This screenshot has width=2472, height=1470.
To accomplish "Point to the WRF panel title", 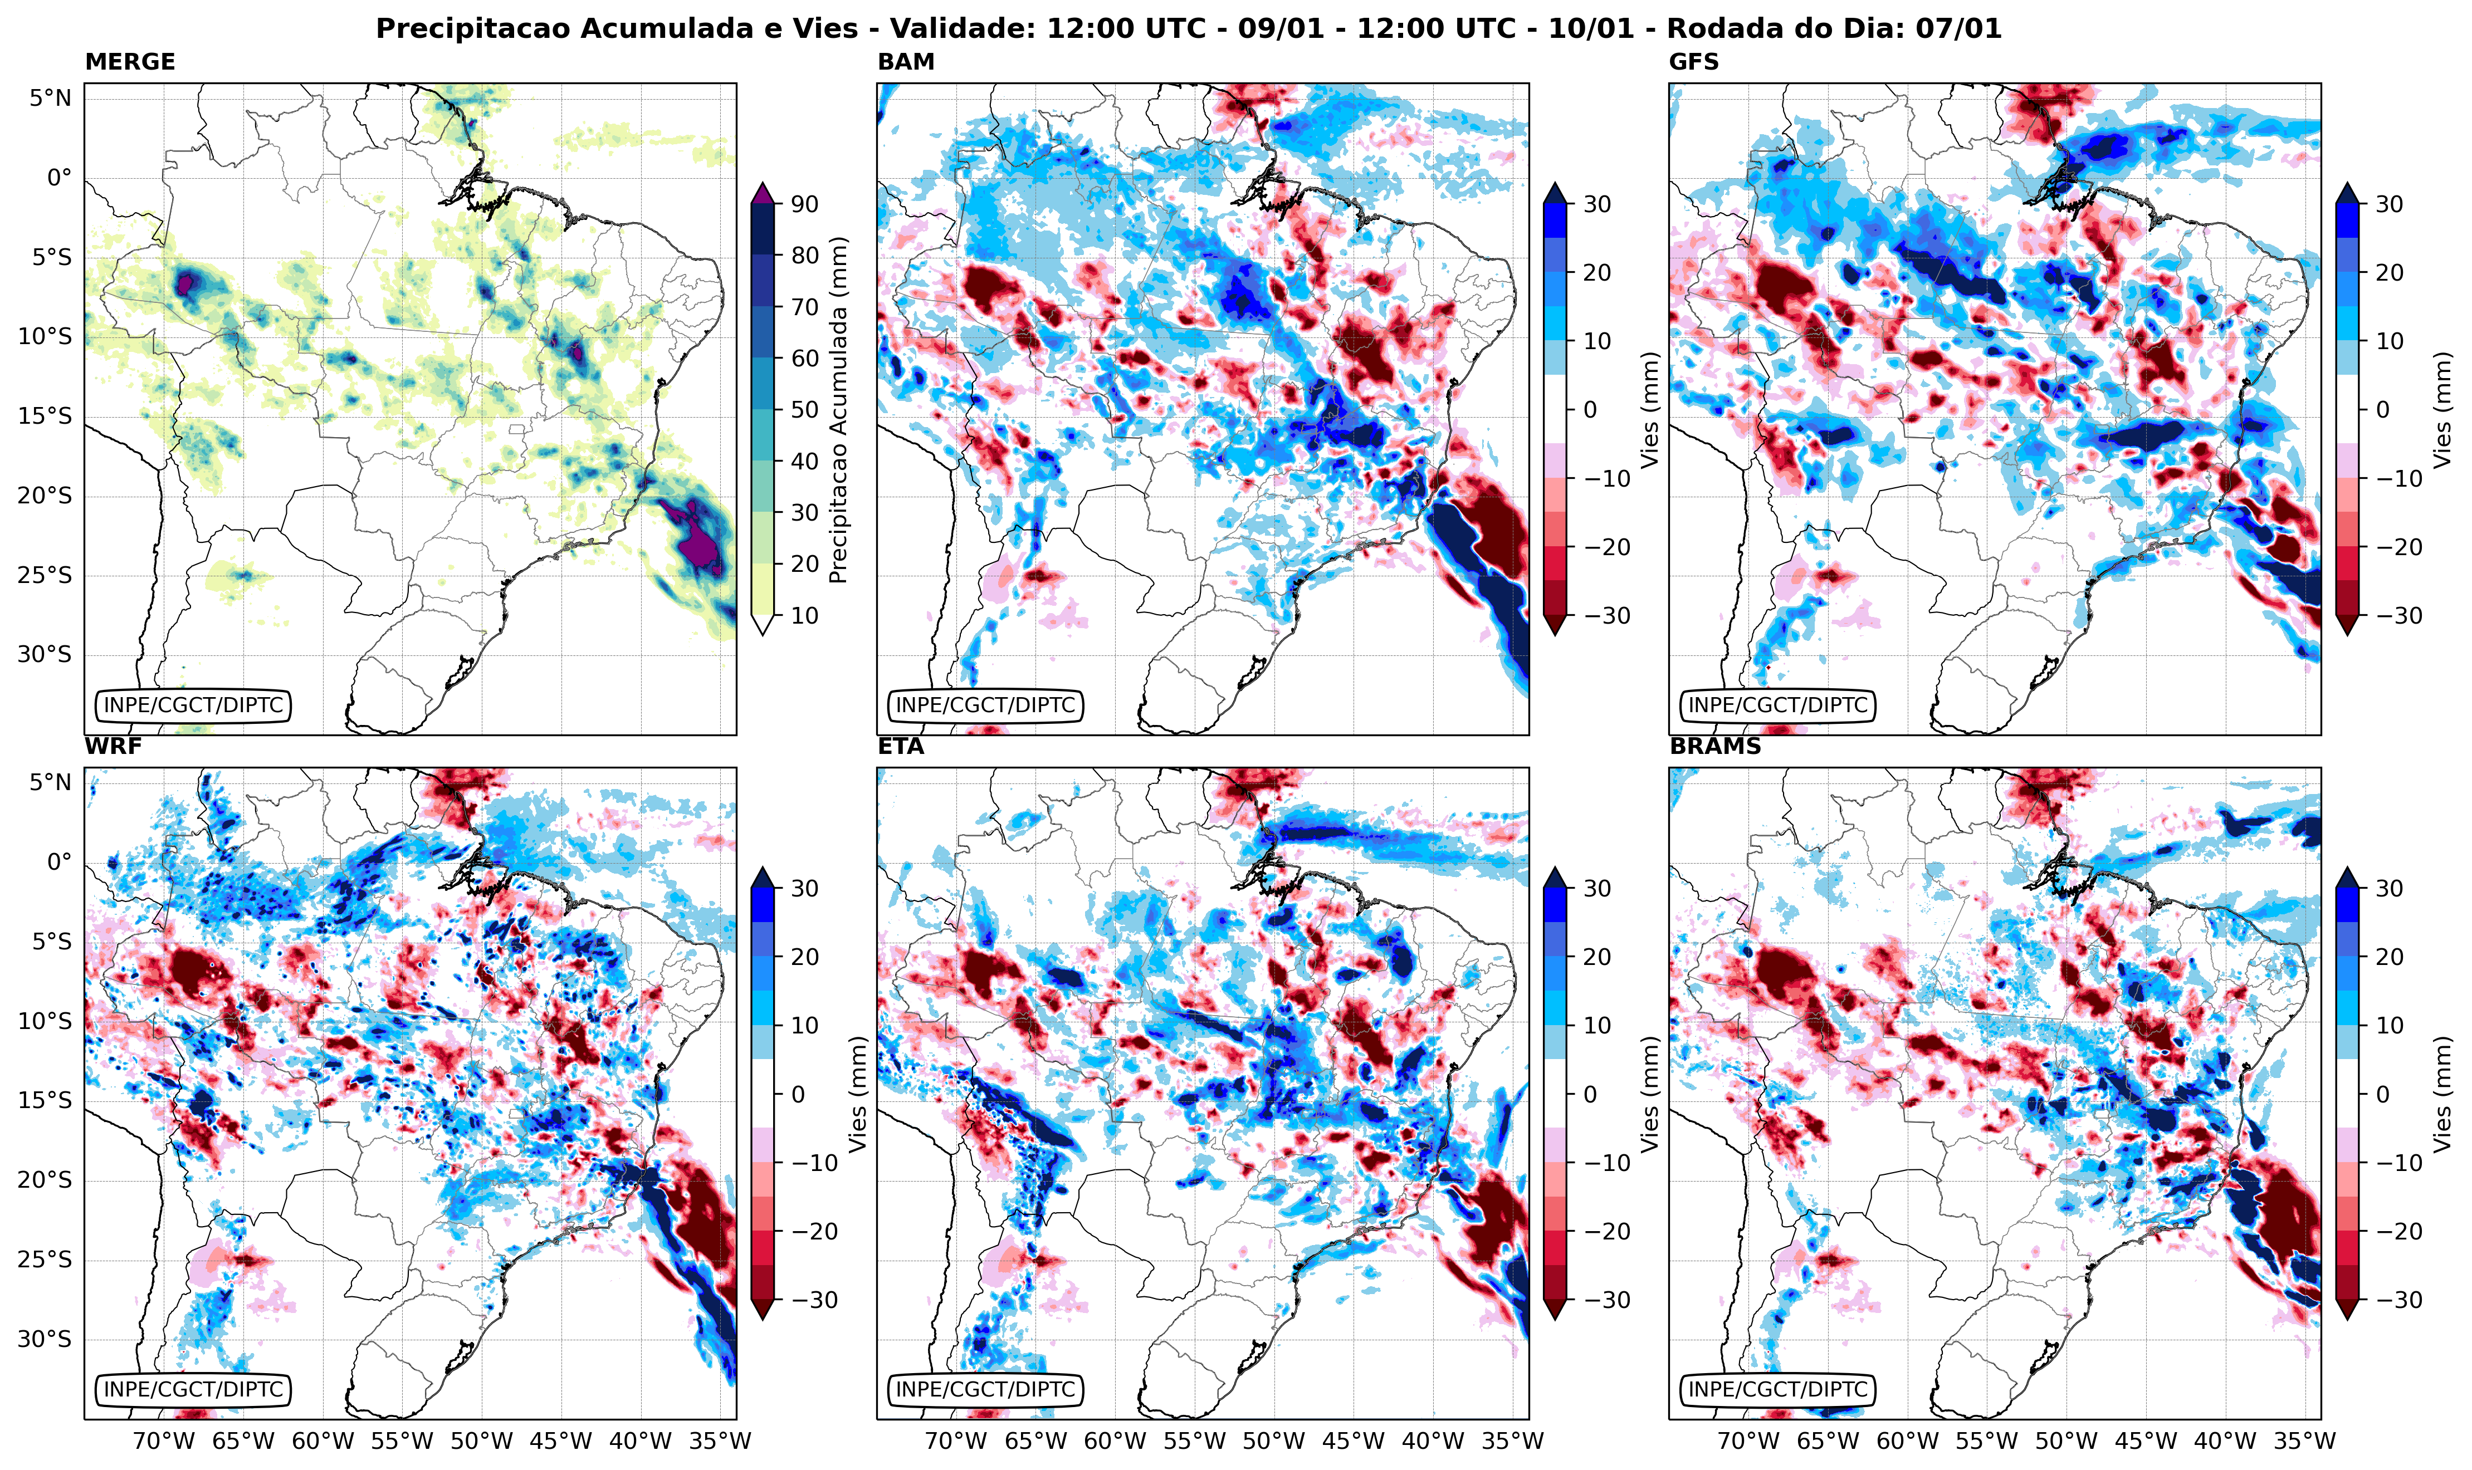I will [x=113, y=747].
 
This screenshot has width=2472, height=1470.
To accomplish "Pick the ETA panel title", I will [x=901, y=747].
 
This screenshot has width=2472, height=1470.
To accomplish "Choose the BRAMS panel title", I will [x=1715, y=747].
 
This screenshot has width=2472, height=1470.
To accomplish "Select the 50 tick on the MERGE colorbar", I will [x=804, y=410].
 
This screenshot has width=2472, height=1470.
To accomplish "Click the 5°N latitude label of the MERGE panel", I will [x=50, y=98].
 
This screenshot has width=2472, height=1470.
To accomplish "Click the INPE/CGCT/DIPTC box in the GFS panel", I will [x=1777, y=705].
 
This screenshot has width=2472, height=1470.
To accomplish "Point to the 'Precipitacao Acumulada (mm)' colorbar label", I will [x=838, y=410].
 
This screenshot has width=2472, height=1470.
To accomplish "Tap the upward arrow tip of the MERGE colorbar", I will [x=762, y=184].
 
